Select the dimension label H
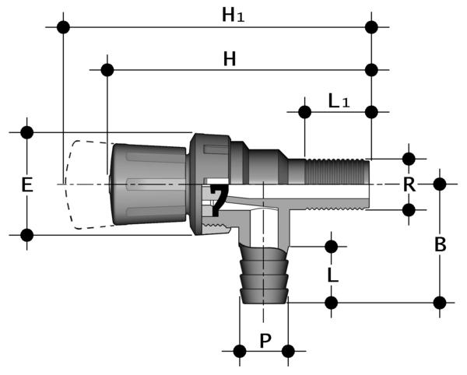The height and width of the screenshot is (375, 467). tap(230, 58)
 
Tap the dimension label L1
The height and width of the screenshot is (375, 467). tap(339, 100)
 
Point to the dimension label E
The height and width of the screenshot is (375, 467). tap(27, 185)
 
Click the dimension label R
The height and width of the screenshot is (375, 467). tap(409, 184)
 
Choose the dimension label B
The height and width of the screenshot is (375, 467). tap(440, 244)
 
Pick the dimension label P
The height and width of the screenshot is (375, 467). tap(264, 340)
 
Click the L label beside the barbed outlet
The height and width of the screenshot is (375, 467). tap(332, 275)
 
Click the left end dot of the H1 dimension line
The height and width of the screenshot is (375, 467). tap(63, 27)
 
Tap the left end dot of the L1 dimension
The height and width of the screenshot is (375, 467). tap(304, 111)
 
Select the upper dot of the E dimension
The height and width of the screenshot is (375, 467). tap(27, 131)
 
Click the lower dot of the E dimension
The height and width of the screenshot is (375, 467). tap(27, 234)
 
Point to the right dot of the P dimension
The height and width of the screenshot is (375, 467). tap(289, 351)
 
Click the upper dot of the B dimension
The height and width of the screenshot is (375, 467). tap(440, 184)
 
